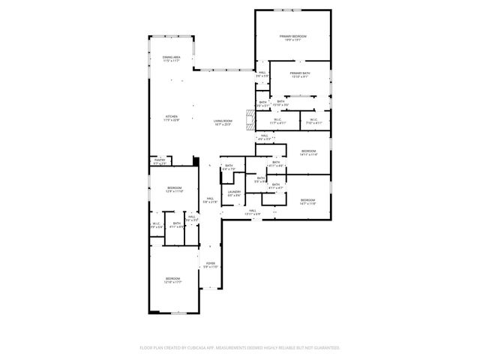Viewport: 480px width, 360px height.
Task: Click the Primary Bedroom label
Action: click(x=294, y=38)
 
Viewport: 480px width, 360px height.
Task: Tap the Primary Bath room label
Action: click(x=301, y=74)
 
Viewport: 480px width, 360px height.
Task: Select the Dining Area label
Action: click(x=171, y=59)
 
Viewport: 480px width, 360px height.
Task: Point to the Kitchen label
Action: click(x=172, y=118)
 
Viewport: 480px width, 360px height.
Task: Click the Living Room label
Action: click(x=223, y=123)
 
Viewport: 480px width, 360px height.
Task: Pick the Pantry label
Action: click(x=160, y=162)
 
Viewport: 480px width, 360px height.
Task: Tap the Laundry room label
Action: click(x=234, y=193)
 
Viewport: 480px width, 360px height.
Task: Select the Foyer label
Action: click(x=211, y=265)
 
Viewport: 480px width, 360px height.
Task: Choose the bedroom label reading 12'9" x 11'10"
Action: click(x=174, y=190)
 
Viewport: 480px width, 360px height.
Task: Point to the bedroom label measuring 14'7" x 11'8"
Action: click(x=308, y=202)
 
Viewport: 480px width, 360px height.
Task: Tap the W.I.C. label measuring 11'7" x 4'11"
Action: click(x=277, y=121)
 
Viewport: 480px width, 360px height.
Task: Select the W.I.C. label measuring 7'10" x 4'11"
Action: click(x=313, y=121)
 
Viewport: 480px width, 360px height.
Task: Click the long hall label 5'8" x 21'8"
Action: click(x=211, y=200)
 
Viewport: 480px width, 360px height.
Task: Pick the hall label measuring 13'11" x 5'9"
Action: click(x=252, y=212)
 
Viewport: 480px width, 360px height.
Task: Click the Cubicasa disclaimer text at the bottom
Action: click(x=240, y=348)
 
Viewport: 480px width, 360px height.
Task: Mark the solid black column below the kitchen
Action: click(x=196, y=160)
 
